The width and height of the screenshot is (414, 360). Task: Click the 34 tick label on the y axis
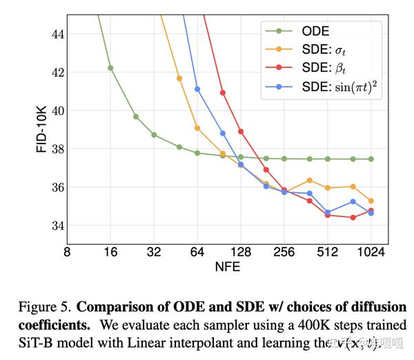click(56, 226)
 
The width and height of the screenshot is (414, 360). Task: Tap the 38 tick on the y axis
click(56, 149)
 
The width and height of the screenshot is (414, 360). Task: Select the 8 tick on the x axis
click(67, 252)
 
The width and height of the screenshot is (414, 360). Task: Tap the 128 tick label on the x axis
click(241, 252)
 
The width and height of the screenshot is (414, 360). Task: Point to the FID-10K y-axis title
click(41, 130)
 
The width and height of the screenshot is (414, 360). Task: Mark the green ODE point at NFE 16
click(110, 68)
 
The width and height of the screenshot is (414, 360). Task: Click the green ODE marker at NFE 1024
click(371, 159)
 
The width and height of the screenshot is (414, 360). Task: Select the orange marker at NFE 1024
click(371, 201)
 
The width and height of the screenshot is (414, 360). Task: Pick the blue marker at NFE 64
click(197, 89)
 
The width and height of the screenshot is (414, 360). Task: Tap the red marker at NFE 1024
click(371, 210)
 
